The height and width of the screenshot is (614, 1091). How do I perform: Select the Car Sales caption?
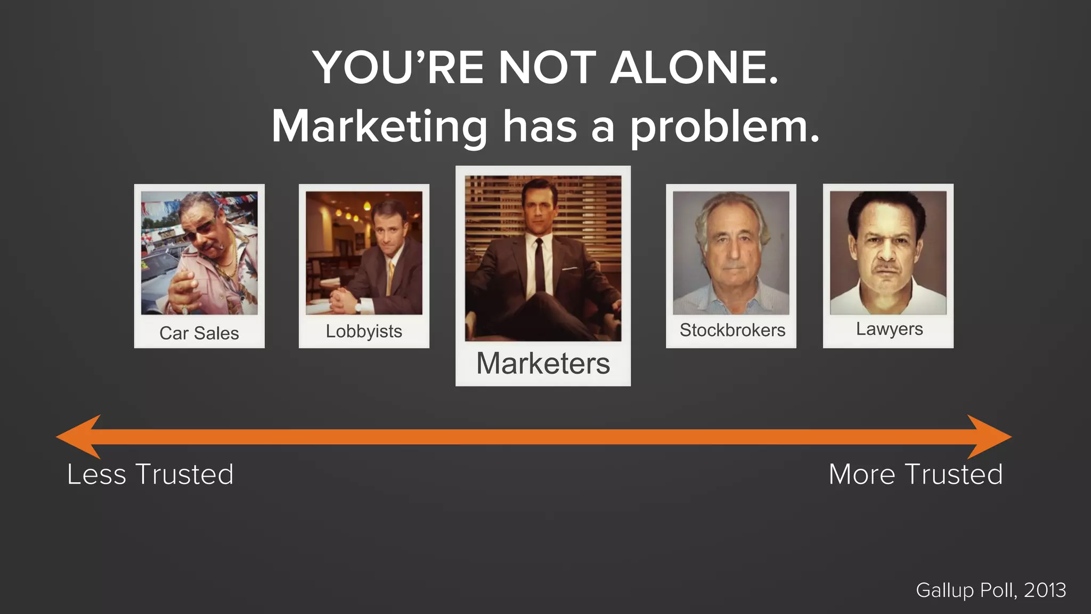[199, 333]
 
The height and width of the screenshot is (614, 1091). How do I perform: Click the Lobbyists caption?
[364, 332]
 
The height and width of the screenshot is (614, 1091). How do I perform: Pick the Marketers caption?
[543, 363]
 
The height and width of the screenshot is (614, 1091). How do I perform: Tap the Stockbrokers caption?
[732, 330]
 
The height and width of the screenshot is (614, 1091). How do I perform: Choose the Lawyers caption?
[889, 329]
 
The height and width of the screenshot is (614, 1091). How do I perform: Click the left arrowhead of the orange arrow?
[78, 437]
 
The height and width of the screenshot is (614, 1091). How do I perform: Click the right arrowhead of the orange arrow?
[990, 437]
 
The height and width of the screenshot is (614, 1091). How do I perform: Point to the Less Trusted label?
[150, 474]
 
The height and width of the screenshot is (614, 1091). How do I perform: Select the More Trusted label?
[916, 474]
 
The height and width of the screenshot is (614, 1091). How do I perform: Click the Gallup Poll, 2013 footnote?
[991, 590]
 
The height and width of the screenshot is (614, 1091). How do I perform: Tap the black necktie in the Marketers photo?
[540, 266]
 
